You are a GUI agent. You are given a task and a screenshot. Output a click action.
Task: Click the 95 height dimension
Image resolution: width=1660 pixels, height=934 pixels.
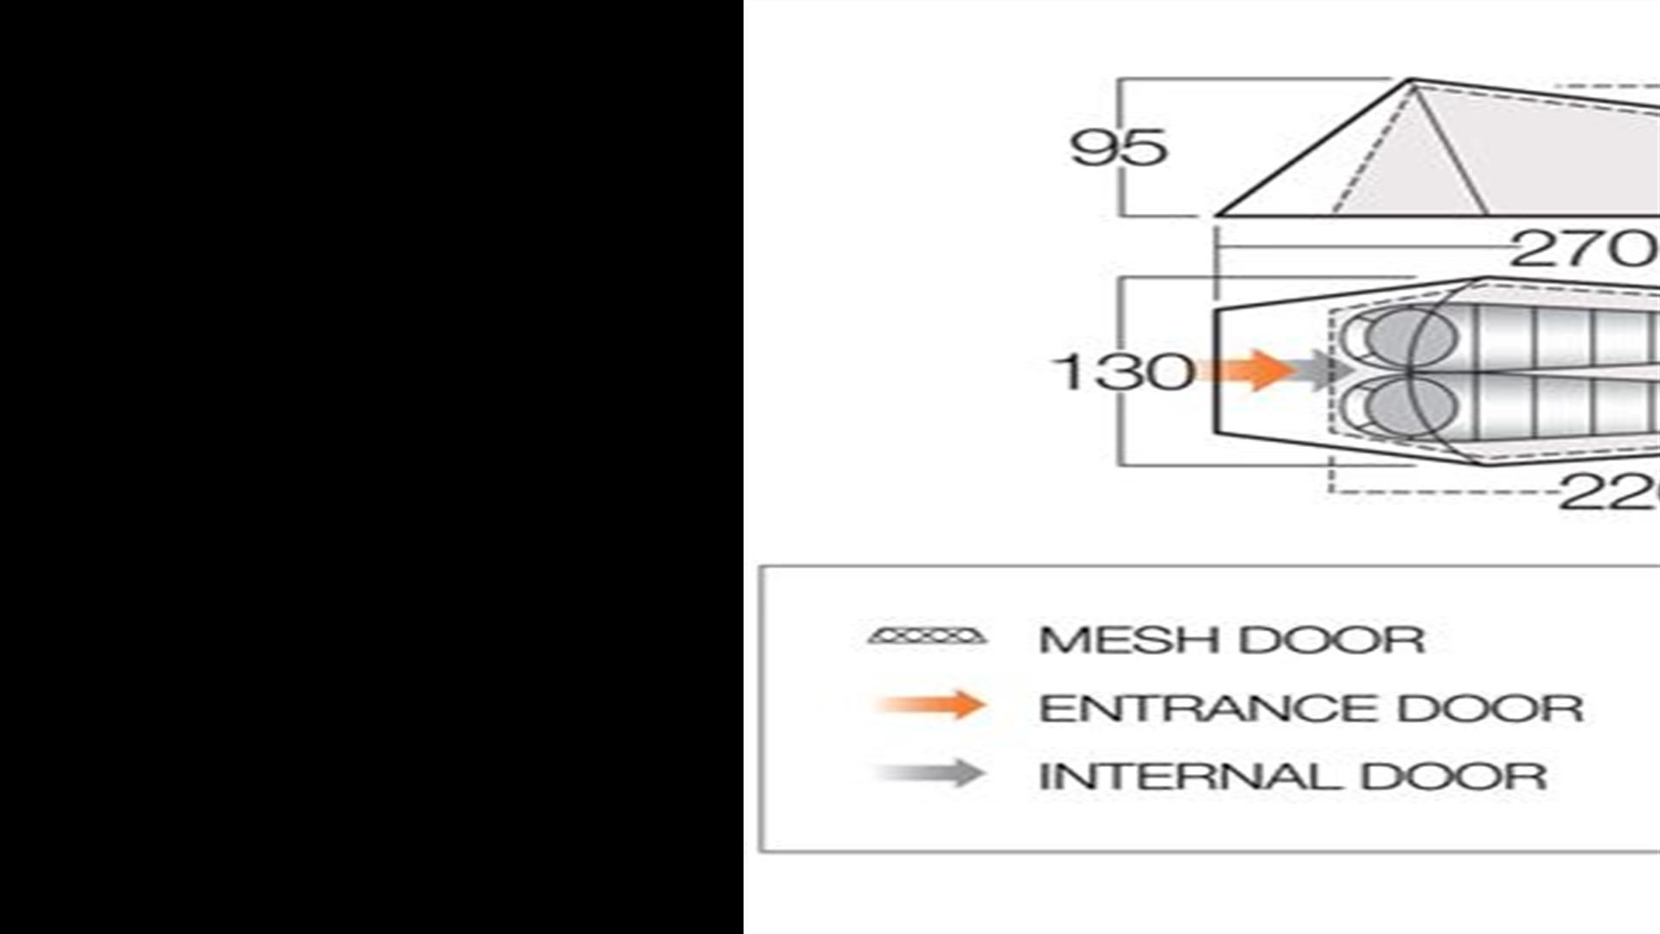tap(1119, 148)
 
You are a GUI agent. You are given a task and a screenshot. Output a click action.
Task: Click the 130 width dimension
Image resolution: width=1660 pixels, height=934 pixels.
tap(1122, 372)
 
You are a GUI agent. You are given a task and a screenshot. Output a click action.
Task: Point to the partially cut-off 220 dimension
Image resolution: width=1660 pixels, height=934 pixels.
tap(1608, 495)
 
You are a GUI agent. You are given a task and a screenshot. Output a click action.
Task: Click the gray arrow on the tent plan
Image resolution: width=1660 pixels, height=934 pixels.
tap(1323, 370)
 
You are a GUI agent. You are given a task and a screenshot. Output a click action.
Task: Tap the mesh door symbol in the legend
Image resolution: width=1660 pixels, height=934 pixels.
tap(927, 637)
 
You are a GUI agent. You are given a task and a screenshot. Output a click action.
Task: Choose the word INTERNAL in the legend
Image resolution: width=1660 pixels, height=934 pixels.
tap(1190, 776)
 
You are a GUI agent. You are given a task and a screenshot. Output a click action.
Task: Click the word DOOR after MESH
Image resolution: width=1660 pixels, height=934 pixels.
tap(1331, 640)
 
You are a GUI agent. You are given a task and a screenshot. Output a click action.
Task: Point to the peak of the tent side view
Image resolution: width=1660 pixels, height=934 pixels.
tap(1412, 81)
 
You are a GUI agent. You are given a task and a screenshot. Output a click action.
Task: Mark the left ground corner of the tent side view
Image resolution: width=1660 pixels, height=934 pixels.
tap(1217, 214)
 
